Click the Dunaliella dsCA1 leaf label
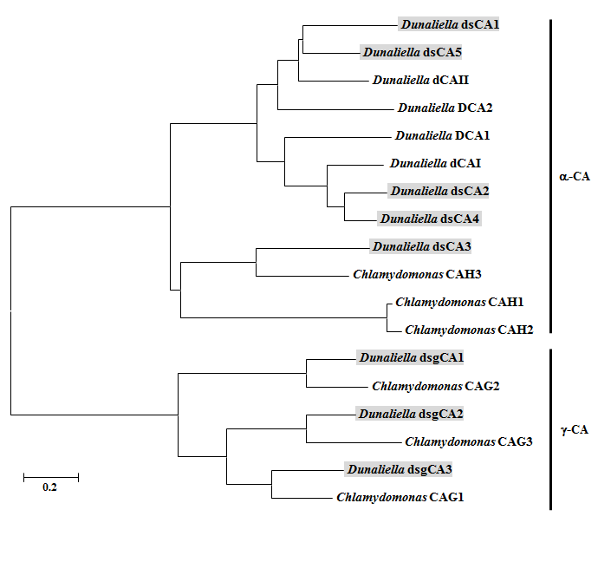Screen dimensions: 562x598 pyautogui.click(x=449, y=25)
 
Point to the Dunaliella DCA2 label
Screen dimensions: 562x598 pyautogui.click(x=445, y=108)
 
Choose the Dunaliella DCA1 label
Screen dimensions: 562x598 pyautogui.click(x=443, y=136)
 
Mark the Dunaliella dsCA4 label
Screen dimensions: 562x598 pyautogui.click(x=429, y=219)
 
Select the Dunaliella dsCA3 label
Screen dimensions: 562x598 pyautogui.click(x=420, y=246)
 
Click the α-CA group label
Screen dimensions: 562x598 pyautogui.click(x=574, y=177)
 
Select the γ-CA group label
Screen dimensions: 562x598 pyautogui.click(x=574, y=429)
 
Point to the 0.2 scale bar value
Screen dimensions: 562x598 pyautogui.click(x=49, y=487)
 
